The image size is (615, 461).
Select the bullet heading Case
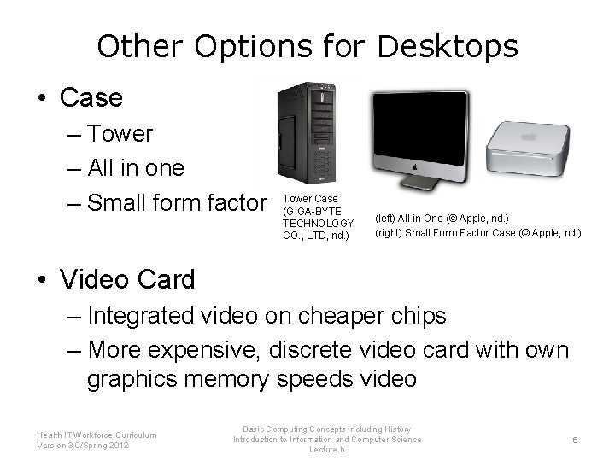91,97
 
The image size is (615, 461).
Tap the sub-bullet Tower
120,134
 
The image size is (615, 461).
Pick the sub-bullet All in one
135,168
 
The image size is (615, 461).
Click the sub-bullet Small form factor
177,203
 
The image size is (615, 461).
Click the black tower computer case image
306,132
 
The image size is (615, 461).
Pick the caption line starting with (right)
477,232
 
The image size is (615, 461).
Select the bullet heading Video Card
127,279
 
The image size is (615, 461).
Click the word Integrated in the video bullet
141,316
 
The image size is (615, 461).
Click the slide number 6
576,440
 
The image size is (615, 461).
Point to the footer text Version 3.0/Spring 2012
84,446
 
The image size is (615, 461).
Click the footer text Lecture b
327,450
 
